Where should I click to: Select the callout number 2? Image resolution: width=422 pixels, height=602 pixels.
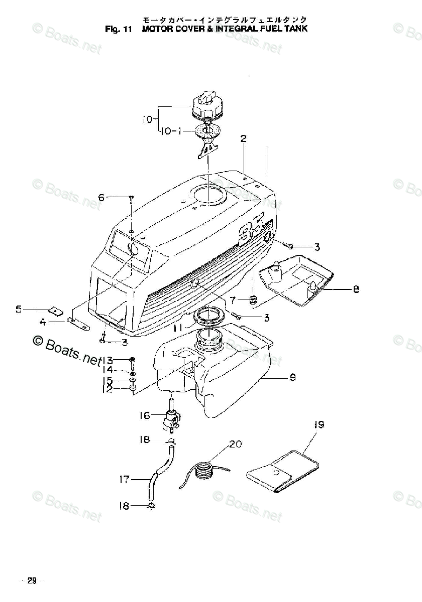pos(243,139)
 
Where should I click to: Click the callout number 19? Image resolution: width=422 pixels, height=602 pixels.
pos(320,425)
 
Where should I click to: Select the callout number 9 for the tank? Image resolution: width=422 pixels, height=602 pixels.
pos(292,378)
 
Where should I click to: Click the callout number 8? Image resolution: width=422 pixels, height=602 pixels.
pos(356,289)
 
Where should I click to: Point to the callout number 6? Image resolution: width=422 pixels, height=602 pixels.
pos(101,198)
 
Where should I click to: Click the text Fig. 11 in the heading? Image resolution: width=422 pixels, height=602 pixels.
pos(119,29)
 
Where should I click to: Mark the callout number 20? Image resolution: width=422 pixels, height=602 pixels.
pos(235,444)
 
